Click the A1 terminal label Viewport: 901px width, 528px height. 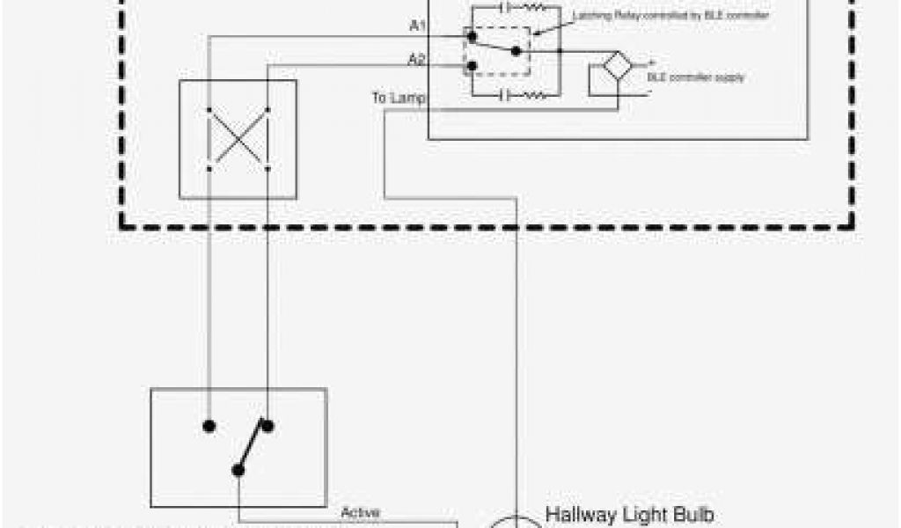417,26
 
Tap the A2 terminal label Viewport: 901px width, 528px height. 417,60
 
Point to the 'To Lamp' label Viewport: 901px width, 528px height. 398,98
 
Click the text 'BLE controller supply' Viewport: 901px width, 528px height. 695,77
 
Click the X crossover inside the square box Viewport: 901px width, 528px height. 238,139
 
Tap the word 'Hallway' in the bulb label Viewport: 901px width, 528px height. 580,514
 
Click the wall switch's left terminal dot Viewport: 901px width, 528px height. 209,426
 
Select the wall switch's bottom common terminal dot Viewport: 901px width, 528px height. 238,470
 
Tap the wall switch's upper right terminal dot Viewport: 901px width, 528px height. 267,426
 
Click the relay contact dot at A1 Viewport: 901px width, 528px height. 472,37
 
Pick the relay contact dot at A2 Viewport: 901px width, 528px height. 472,65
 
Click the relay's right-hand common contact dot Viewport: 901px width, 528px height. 517,52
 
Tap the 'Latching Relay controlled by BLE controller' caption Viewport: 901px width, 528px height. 671,16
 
